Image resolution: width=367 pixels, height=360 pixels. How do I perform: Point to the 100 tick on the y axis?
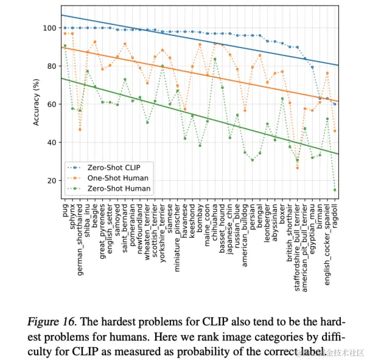click(51, 28)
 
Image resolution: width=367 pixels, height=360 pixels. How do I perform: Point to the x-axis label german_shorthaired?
click(80, 235)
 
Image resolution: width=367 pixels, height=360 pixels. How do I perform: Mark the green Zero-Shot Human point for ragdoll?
click(334, 190)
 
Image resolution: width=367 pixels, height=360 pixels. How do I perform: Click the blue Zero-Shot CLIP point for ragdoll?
click(334, 104)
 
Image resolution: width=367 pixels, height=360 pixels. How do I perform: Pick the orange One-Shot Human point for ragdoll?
click(334, 131)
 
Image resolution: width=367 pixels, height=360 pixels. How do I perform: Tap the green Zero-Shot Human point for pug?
click(65, 46)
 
